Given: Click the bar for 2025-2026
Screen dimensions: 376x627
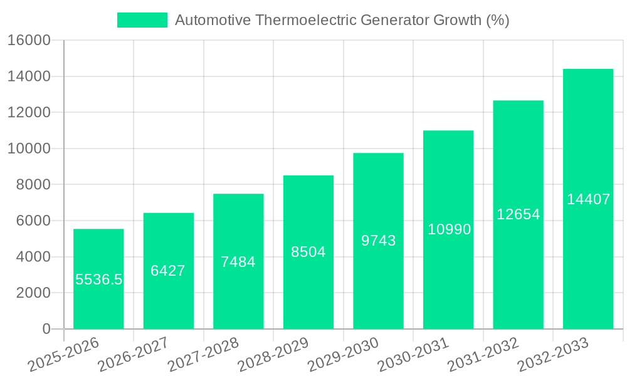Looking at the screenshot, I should (98, 301).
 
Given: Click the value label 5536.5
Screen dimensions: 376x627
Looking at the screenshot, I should (98, 279).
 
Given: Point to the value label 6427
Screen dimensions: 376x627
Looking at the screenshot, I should (168, 271).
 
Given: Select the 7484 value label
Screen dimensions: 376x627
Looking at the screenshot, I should (238, 262).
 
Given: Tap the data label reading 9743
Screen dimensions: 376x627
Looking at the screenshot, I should (378, 241).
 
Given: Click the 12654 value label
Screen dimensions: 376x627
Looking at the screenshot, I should (518, 214).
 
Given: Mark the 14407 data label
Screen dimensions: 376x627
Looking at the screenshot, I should (588, 199).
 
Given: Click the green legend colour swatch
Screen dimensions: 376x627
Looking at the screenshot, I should (142, 20).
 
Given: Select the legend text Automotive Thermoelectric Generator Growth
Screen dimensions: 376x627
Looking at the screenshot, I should (342, 20).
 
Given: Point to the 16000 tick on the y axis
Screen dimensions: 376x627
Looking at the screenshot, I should (28, 41).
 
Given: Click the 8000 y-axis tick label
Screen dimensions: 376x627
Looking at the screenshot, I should (33, 185).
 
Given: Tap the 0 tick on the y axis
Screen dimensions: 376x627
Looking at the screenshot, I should (46, 329).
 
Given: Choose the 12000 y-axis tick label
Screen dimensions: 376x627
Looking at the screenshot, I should (28, 113).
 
